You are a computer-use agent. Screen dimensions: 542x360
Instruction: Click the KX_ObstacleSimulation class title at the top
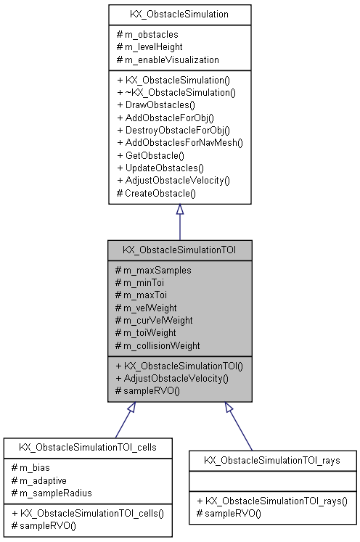[x=179, y=14]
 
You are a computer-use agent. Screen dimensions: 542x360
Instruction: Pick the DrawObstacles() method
[x=155, y=104]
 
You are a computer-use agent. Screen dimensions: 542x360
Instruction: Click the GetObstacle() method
[x=152, y=155]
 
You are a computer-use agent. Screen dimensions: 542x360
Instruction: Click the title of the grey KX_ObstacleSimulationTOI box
[x=179, y=250]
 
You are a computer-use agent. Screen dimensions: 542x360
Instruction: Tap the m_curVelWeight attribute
[x=159, y=320]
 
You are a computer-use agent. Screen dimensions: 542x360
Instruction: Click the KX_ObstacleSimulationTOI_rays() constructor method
[x=272, y=501]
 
